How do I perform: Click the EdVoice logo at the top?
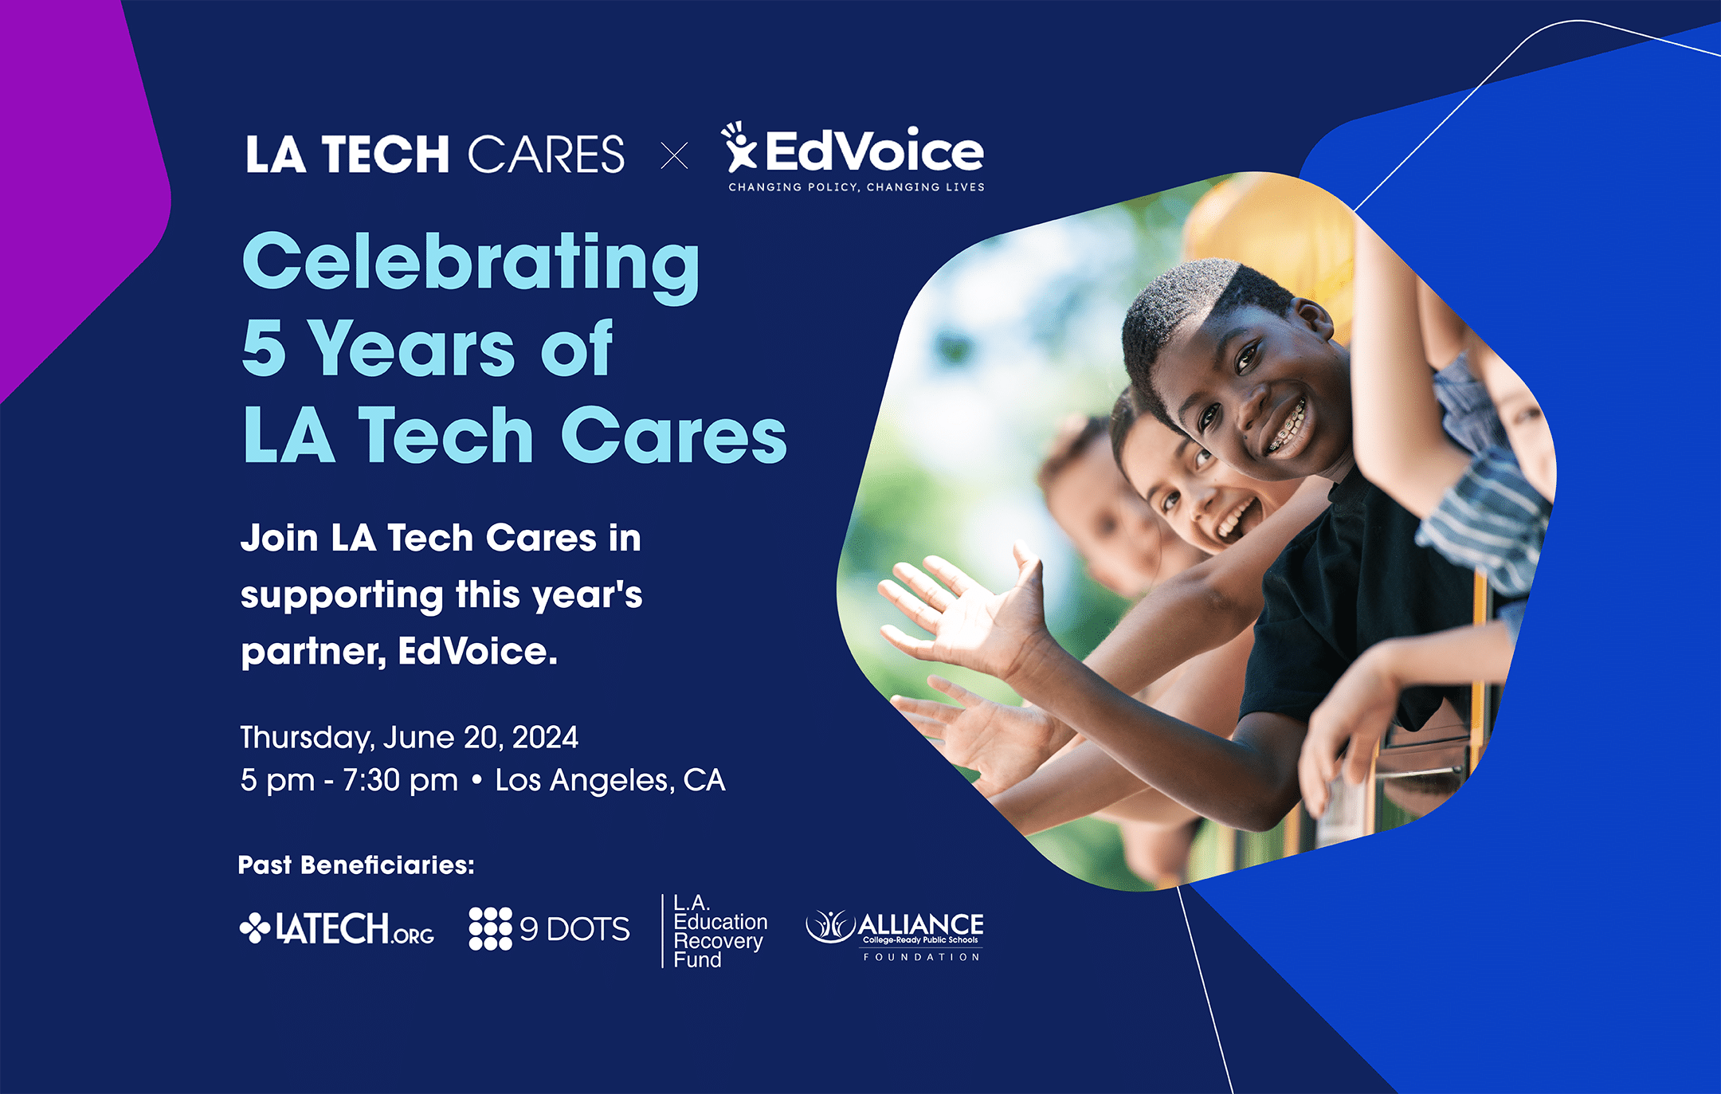(853, 157)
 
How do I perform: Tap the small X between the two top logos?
(674, 155)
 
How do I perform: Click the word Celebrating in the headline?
(471, 265)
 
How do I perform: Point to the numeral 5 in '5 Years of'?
(264, 347)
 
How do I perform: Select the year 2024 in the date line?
(545, 737)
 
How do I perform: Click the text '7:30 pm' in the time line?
(400, 781)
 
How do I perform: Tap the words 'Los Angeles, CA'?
(610, 781)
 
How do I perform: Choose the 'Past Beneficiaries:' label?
(356, 865)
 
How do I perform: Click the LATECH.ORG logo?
(337, 928)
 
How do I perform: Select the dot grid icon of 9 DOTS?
(490, 928)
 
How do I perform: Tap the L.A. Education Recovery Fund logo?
(715, 931)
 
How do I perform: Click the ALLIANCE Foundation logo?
(895, 935)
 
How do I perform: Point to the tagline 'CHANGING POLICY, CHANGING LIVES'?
(857, 187)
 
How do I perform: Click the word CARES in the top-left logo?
(547, 155)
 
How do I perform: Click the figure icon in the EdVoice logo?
(739, 146)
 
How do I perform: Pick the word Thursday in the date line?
(307, 738)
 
